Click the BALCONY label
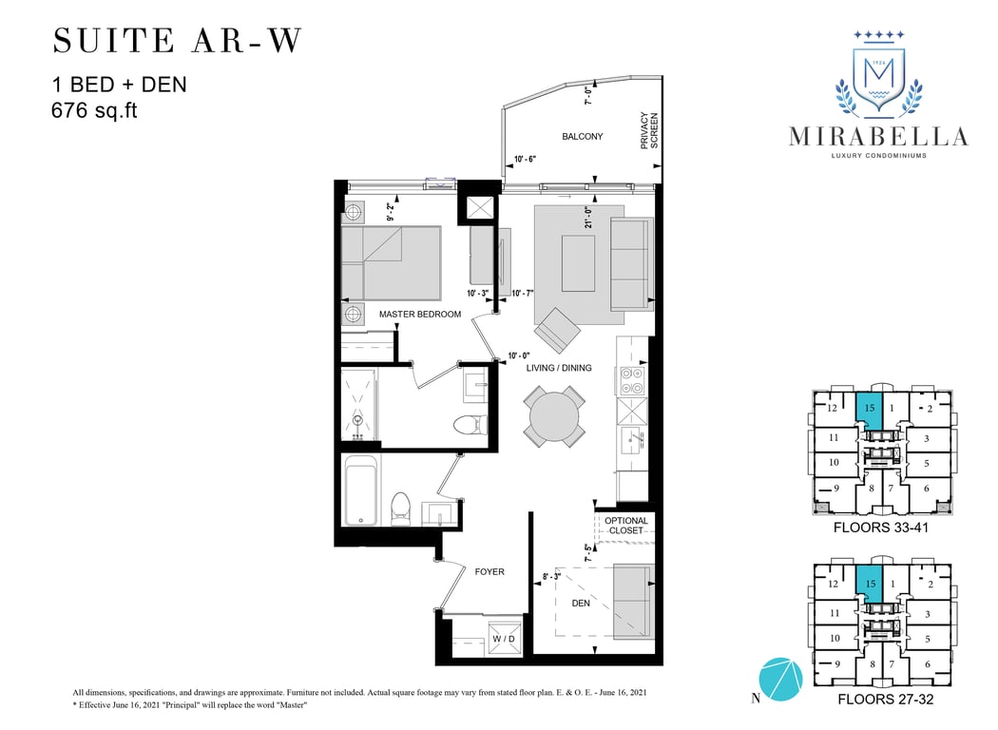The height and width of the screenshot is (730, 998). tap(582, 136)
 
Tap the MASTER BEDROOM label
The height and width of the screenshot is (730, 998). tap(420, 314)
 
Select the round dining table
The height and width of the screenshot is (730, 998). tap(554, 416)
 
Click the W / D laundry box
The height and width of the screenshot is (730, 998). tap(504, 639)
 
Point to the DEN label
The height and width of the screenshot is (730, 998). tap(581, 603)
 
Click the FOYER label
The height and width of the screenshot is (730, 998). tap(489, 571)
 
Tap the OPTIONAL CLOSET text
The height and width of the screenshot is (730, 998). tap(626, 525)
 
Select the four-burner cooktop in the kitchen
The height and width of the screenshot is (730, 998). tap(632, 380)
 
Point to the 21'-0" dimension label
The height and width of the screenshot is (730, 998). tap(588, 217)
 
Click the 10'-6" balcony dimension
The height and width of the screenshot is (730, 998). tap(525, 159)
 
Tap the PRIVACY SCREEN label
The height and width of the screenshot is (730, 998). tap(649, 131)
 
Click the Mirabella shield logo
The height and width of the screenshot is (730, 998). tap(879, 76)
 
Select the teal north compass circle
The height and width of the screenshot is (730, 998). tap(781, 679)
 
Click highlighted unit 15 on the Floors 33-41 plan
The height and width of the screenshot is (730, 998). tap(870, 412)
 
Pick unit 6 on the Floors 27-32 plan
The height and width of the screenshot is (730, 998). tap(928, 663)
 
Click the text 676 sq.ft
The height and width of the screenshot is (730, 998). tap(94, 110)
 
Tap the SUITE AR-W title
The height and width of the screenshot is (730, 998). tap(177, 41)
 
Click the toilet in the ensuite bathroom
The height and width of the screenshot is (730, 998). tap(470, 424)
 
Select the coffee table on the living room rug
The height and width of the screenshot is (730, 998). tap(579, 263)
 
